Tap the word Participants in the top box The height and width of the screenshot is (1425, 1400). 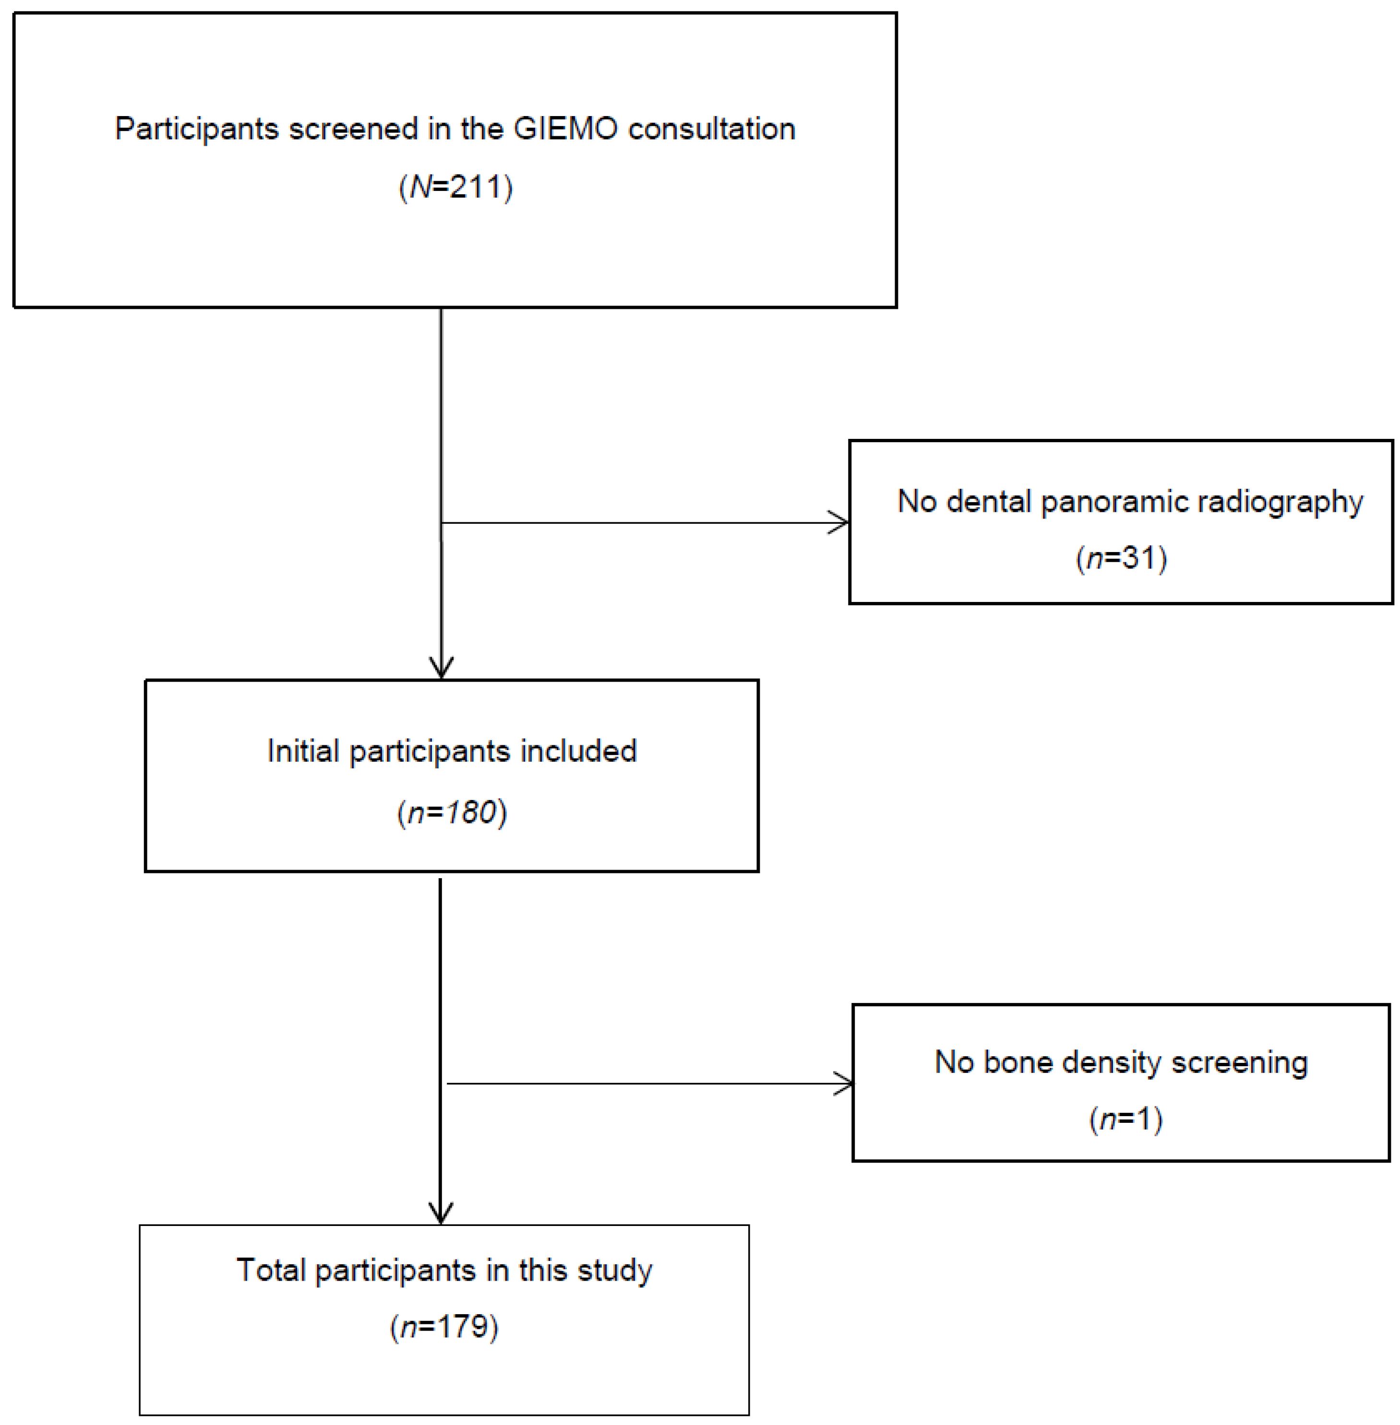tap(196, 130)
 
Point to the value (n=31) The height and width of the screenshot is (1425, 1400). tap(1121, 558)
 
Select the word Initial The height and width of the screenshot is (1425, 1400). tap(303, 751)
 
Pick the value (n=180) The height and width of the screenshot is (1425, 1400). tap(452, 812)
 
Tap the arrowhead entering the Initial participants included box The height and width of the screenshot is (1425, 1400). tap(441, 667)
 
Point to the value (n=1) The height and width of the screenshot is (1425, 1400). tap(1125, 1119)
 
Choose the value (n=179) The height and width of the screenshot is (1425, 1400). tap(444, 1327)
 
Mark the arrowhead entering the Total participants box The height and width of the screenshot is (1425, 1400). tap(441, 1213)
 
